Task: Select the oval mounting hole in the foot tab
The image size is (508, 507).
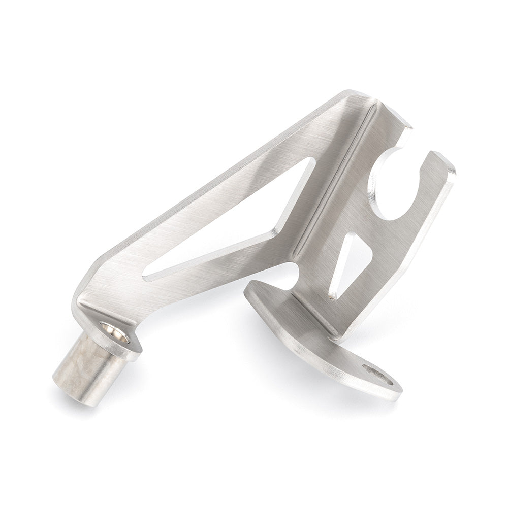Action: tap(378, 378)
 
